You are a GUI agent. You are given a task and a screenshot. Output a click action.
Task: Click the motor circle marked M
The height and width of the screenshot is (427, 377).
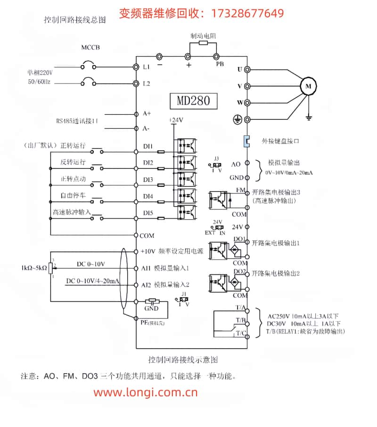coord(309,86)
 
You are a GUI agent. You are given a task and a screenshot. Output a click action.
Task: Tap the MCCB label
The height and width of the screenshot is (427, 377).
coord(90,48)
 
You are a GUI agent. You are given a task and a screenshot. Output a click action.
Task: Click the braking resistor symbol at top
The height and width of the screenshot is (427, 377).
coord(204,43)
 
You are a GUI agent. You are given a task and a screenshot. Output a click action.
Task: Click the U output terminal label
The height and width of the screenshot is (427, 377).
coord(239,69)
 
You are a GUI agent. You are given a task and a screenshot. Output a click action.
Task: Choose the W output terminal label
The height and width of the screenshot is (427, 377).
coord(239,102)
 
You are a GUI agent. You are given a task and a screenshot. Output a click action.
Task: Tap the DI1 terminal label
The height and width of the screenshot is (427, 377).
coord(148,146)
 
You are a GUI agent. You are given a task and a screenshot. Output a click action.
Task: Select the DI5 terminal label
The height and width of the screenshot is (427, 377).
coord(148,213)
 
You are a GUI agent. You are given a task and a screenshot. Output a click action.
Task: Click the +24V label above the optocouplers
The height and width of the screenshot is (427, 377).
coord(176,120)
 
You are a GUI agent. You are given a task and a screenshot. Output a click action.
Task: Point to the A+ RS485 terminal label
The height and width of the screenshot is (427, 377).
coord(147,113)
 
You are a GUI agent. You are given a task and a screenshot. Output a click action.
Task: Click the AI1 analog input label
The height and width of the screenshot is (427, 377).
coord(146,268)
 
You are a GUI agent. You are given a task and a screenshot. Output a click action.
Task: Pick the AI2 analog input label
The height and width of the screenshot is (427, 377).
coord(146,285)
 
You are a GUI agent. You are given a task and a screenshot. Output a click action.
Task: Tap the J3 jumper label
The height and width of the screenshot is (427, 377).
coord(216,159)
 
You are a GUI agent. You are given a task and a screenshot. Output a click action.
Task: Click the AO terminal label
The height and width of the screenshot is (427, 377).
coord(236,164)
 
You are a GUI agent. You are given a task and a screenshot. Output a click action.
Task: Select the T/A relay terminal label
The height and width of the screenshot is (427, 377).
coord(240,307)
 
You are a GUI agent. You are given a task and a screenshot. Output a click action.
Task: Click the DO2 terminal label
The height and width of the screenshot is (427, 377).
coord(240,272)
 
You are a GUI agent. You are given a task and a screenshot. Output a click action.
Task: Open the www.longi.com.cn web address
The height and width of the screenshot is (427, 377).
coord(146,392)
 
